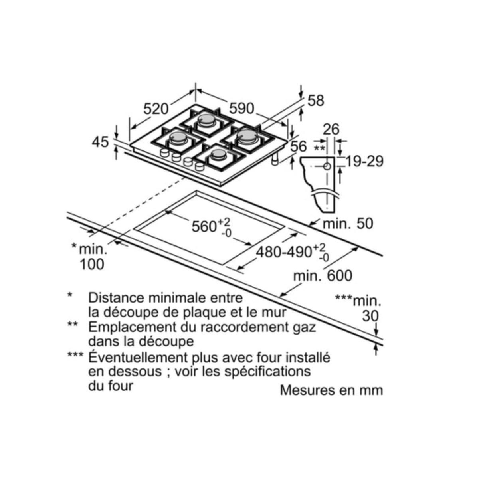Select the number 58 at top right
[x=316, y=101]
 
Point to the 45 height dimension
[x=100, y=142]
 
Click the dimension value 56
[x=299, y=146]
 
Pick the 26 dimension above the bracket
[x=331, y=129]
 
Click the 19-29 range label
[x=364, y=161]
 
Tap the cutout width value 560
[x=204, y=227]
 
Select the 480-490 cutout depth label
[x=284, y=252]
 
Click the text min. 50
[x=348, y=224]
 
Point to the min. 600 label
[x=323, y=275]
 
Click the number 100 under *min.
[x=92, y=264]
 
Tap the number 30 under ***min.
[x=370, y=316]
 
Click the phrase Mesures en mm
[x=331, y=390]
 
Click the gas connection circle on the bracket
[x=327, y=166]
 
